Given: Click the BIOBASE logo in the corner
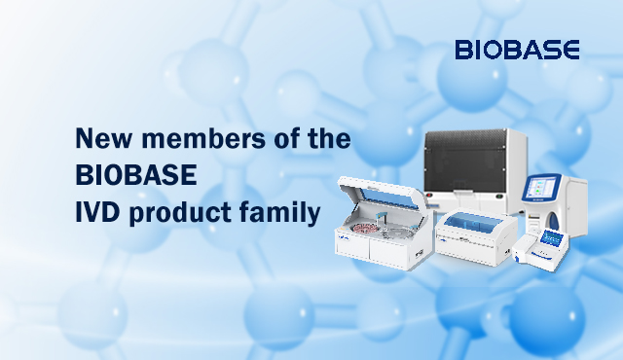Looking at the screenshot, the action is pyautogui.click(x=517, y=50).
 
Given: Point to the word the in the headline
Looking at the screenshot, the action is pyautogui.click(x=329, y=138).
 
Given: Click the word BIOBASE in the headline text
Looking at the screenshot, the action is pyautogui.click(x=136, y=174).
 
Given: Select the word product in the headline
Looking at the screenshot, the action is pyautogui.click(x=180, y=213).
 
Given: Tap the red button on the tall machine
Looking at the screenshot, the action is pyautogui.click(x=428, y=195).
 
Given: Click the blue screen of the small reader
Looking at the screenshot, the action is pyautogui.click(x=553, y=237).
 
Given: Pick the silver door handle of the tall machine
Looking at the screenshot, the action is pyautogui.click(x=465, y=193).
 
